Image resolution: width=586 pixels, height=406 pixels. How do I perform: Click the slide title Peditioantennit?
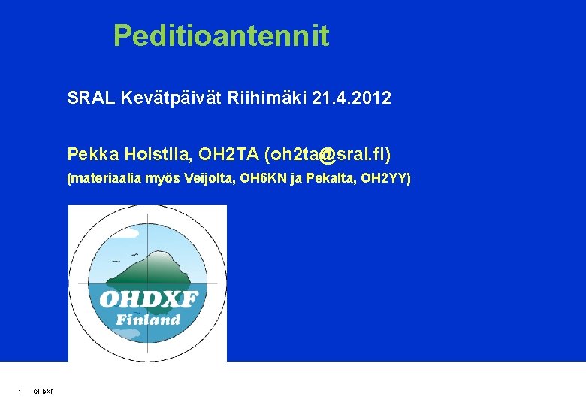pos(221,36)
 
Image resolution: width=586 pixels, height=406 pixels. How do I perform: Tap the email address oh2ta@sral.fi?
pos(328,155)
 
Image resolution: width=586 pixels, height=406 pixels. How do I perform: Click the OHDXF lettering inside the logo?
pos(148,300)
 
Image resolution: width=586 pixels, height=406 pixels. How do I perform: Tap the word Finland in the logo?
pos(148,319)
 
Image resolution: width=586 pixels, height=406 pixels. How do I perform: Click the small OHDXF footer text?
pos(43,391)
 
